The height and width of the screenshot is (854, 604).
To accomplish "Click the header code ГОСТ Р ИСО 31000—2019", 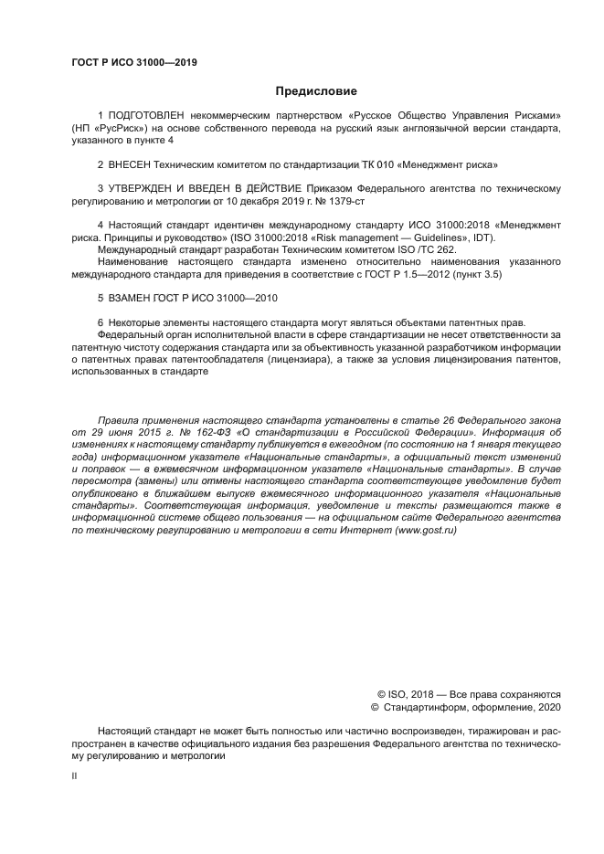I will pyautogui.click(x=134, y=63).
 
